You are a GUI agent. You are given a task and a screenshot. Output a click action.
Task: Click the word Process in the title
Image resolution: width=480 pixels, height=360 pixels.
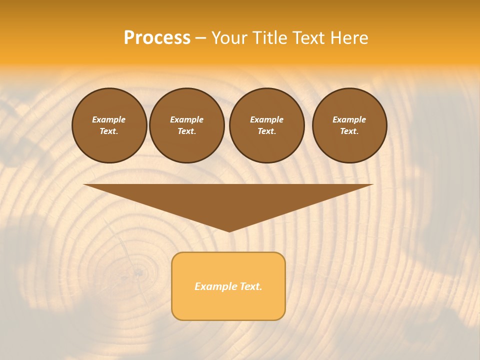[157, 37]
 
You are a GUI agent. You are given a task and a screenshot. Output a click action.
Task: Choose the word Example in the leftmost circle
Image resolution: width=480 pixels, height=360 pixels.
[109, 119]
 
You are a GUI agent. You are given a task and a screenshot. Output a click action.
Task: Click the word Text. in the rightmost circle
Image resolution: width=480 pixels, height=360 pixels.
[349, 131]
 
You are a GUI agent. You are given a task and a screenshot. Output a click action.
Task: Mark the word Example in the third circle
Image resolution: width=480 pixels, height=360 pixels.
[266, 119]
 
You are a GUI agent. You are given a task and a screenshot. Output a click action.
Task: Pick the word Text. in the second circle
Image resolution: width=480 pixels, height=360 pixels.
[186, 131]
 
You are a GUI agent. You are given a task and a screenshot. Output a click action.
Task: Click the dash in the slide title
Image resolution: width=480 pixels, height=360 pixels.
[200, 38]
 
